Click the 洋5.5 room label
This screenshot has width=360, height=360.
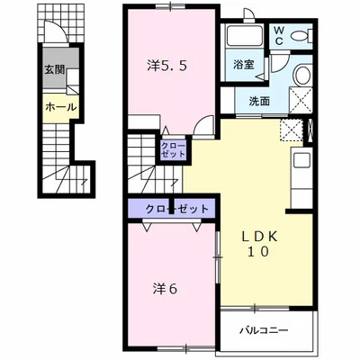pyautogui.click(x=167, y=66)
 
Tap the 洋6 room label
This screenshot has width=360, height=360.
pyautogui.click(x=165, y=289)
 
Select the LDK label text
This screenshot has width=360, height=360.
pyautogui.click(x=260, y=237)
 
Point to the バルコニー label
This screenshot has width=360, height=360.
pyautogui.click(x=264, y=330)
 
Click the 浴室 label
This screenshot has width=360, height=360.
pyautogui.click(x=244, y=65)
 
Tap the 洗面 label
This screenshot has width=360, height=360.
pyautogui.click(x=259, y=102)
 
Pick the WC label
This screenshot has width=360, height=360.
pyautogui.click(x=279, y=35)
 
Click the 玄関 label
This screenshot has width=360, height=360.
pyautogui.click(x=55, y=70)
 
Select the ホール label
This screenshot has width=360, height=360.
pyautogui.click(x=61, y=107)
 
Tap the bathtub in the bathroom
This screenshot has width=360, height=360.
pyautogui.click(x=245, y=36)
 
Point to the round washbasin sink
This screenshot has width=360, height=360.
pyautogui.click(x=302, y=75)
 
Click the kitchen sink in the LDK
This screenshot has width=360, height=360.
pyautogui.click(x=301, y=160)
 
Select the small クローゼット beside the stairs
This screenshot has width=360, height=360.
pyautogui.click(x=173, y=150)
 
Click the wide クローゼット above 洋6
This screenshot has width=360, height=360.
pyautogui.click(x=172, y=208)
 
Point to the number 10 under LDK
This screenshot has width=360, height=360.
pyautogui.click(x=258, y=252)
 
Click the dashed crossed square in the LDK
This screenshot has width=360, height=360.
pyautogui.click(x=292, y=130)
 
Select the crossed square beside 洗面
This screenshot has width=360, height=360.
pyautogui.click(x=301, y=99)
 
